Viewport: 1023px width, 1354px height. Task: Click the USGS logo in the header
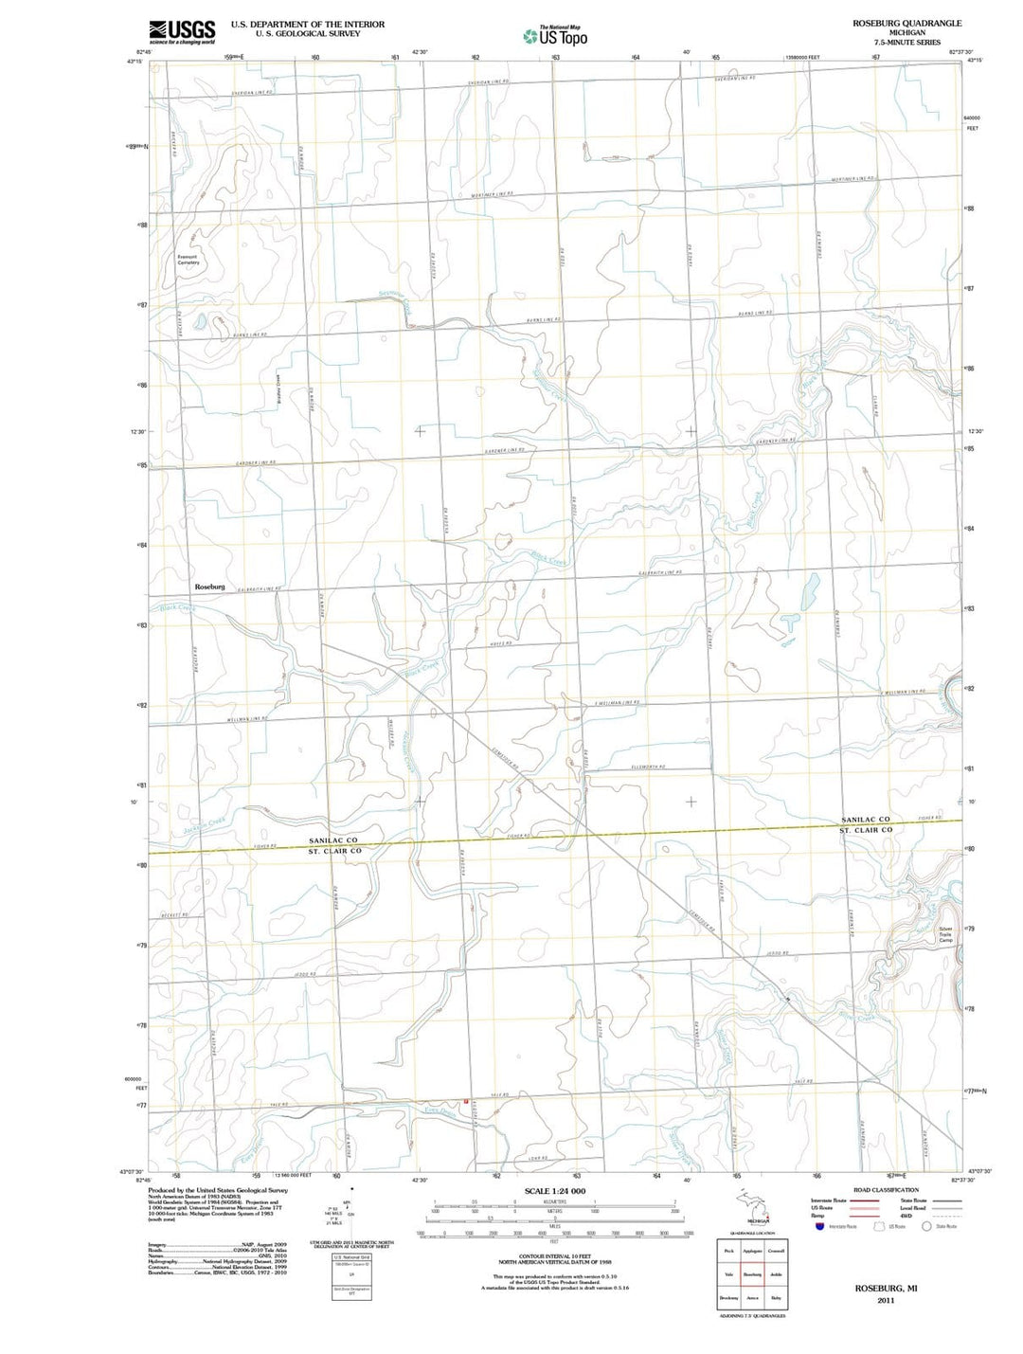pyautogui.click(x=181, y=31)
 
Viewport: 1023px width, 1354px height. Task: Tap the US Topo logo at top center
pyautogui.click(x=555, y=36)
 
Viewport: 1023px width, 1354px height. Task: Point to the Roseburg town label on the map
pyautogui.click(x=210, y=587)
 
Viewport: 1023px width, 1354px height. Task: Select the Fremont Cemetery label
pyautogui.click(x=188, y=259)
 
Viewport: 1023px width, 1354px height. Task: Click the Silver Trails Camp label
pyautogui.click(x=945, y=933)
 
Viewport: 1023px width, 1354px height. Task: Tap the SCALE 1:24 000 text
pyautogui.click(x=554, y=1191)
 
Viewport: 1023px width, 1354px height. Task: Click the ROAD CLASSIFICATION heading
pyautogui.click(x=886, y=1190)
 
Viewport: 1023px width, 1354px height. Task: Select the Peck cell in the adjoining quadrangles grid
pyautogui.click(x=728, y=1251)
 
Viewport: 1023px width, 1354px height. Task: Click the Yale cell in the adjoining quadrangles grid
pyautogui.click(x=728, y=1274)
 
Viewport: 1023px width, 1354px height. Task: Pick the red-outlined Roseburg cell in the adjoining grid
pyautogui.click(x=752, y=1274)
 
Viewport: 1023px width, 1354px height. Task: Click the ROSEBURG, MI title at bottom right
pyautogui.click(x=886, y=1290)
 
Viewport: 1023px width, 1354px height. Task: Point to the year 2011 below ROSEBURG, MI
pyautogui.click(x=886, y=1301)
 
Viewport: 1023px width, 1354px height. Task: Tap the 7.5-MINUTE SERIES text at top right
pyautogui.click(x=906, y=43)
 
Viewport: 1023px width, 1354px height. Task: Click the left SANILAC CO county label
pyautogui.click(x=332, y=840)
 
